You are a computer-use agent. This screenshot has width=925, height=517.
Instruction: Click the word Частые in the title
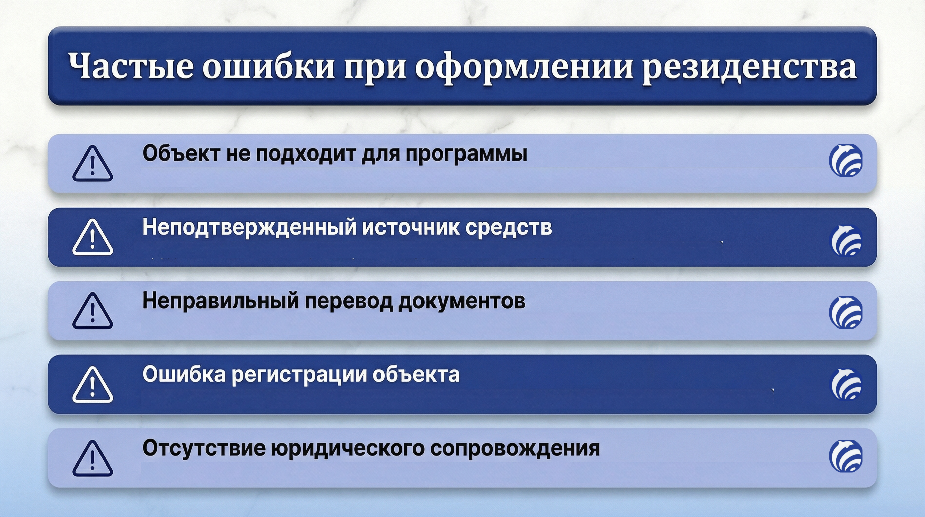pos(131,66)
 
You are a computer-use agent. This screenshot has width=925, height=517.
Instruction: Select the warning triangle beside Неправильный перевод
pos(93,311)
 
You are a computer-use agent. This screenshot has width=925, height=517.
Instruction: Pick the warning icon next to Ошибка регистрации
pos(93,385)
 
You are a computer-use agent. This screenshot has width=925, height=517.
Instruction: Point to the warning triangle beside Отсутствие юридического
pos(93,458)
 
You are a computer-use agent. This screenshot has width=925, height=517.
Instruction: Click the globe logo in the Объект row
pos(846,160)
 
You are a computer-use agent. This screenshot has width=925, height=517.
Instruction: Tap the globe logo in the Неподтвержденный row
pos(846,241)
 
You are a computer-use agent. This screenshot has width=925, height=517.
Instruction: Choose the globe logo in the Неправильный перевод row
pos(846,312)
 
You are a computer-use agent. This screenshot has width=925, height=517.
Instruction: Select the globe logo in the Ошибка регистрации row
pos(846,384)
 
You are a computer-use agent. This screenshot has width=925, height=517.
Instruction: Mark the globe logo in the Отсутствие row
pos(846,455)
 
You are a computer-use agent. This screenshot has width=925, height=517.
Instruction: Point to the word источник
pos(411,228)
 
